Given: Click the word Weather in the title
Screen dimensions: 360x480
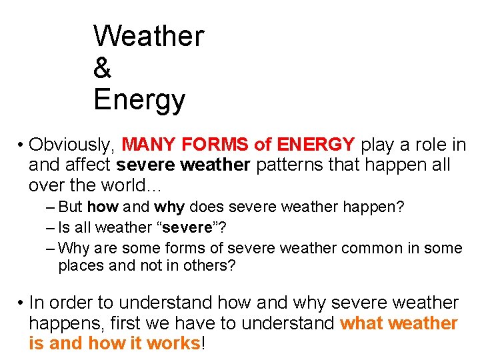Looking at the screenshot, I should (149, 36).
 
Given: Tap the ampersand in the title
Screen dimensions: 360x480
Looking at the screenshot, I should (103, 68).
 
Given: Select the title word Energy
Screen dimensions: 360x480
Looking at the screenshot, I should (139, 100).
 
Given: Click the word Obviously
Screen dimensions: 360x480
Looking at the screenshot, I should (74, 145).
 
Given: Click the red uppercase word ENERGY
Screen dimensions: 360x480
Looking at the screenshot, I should (315, 145).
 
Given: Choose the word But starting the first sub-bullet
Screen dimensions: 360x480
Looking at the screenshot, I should (71, 207).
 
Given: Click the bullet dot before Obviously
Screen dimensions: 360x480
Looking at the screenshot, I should (21, 145).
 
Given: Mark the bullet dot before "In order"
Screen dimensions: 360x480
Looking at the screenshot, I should (21, 303).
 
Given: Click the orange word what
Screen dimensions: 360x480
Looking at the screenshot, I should (361, 324).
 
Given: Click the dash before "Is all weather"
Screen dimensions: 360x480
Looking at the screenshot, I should (51, 227).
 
